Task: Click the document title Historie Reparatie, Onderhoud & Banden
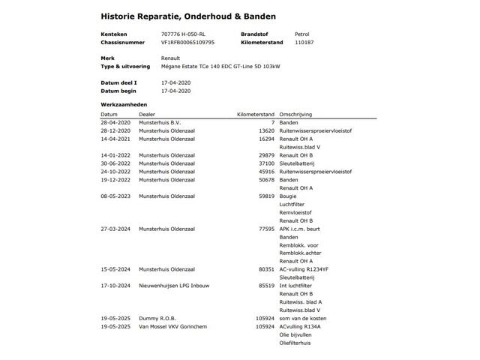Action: pyautogui.click(x=187, y=16)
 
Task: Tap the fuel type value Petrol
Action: pyautogui.click(x=302, y=34)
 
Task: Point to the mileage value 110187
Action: pyautogui.click(x=304, y=43)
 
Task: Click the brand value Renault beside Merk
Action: pyautogui.click(x=170, y=58)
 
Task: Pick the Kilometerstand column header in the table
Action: pyautogui.click(x=256, y=114)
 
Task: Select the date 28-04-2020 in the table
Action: pyautogui.click(x=115, y=122)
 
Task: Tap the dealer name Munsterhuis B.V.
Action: pyautogui.click(x=160, y=122)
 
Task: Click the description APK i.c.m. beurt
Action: pyautogui.click(x=299, y=229)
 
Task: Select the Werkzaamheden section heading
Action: pyautogui.click(x=124, y=105)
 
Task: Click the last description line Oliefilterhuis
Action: pyautogui.click(x=295, y=343)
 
